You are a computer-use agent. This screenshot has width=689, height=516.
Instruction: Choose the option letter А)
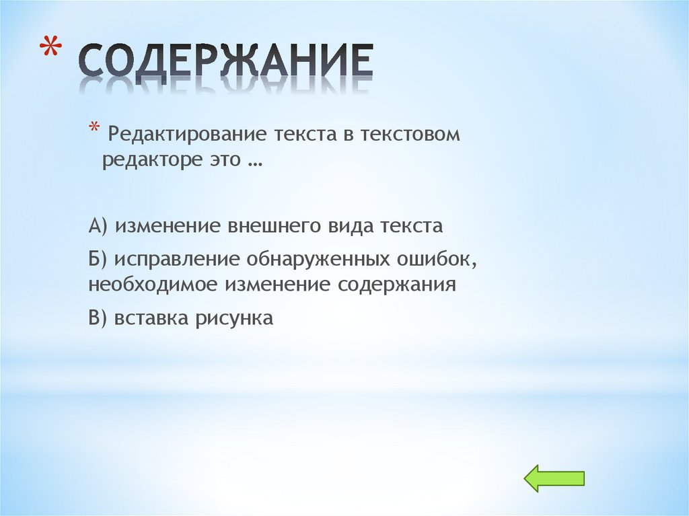(99, 226)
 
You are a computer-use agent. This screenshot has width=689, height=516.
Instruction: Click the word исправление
(178, 260)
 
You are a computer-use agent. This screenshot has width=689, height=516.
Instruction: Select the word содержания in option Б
(397, 285)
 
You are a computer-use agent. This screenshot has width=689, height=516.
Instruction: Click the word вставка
(151, 318)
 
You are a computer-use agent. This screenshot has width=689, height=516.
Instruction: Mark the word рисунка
(234, 318)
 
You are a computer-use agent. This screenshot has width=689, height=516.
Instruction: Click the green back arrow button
(554, 478)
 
